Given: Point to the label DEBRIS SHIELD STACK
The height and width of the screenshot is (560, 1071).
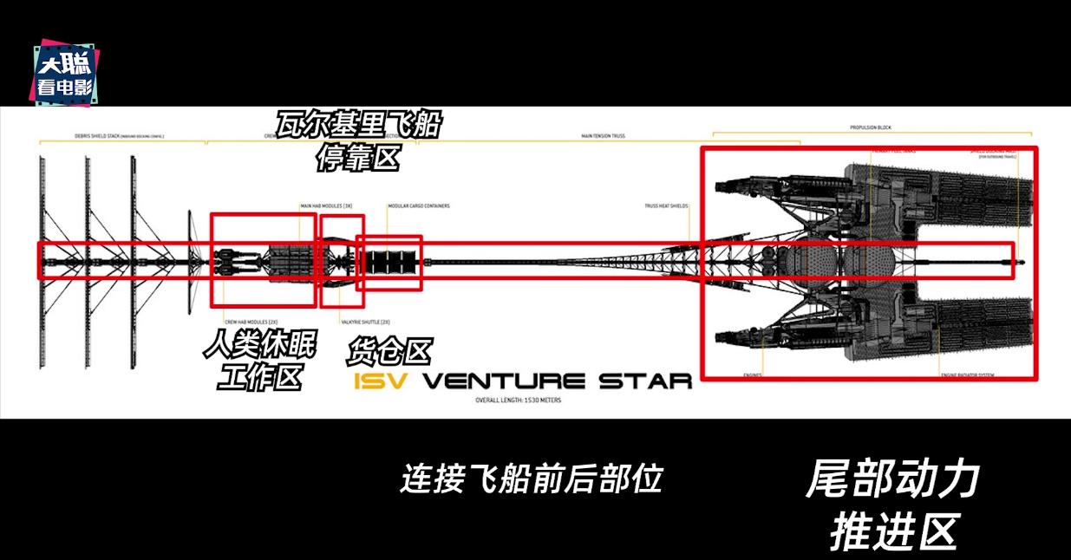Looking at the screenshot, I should click(108, 137).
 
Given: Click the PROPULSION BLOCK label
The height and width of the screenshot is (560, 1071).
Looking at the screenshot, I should click(871, 127).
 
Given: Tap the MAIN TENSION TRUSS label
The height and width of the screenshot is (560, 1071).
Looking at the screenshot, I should click(603, 137).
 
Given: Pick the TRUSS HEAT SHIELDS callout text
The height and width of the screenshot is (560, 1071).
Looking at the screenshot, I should click(666, 206).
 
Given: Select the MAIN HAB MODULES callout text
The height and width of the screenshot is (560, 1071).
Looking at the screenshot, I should click(326, 206).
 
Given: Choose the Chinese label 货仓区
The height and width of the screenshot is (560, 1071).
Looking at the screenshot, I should click(389, 352).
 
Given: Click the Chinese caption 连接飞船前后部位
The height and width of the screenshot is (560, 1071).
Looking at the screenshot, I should click(531, 478).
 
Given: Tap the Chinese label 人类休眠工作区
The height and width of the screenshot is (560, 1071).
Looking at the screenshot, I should click(260, 362).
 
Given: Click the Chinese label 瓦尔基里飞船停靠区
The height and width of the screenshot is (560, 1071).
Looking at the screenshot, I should click(358, 140).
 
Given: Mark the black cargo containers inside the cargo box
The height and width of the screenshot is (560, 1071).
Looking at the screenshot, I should click(390, 261).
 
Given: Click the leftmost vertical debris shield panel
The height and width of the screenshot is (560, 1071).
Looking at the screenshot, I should click(42, 260).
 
